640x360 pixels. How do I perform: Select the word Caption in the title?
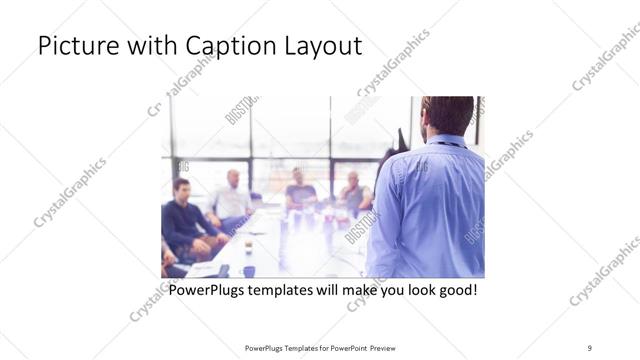pos(229,46)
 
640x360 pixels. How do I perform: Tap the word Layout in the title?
pos(326,46)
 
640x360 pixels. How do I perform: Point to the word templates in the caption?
pos(295,291)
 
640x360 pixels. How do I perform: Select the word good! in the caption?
pos(454,291)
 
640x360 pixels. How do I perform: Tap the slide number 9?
pos(589,347)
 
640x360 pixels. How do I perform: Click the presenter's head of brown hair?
pos(447,113)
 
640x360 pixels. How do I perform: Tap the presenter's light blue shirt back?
pos(440,210)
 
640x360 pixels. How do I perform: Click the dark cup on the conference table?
pos(248,270)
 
